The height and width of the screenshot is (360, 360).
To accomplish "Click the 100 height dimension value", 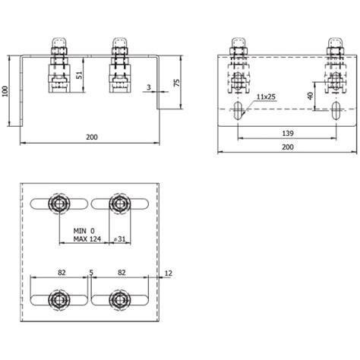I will (x=6, y=91).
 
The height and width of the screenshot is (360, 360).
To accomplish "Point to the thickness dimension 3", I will (x=148, y=89).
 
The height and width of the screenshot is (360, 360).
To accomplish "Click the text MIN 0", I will (x=86, y=229).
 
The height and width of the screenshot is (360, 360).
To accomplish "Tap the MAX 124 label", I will (x=88, y=238).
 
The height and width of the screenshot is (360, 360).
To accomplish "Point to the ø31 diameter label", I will (x=119, y=238).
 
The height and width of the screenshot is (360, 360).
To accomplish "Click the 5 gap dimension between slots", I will (x=90, y=270).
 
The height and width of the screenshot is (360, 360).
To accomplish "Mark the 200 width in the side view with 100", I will (x=91, y=137).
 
